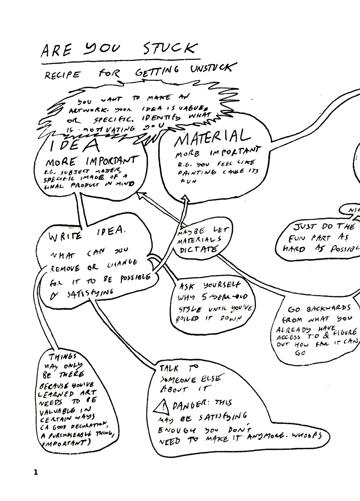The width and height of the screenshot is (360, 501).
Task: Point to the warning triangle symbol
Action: [163, 406]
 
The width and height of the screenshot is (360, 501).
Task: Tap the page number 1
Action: [36, 472]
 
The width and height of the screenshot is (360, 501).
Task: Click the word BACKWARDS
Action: [329, 309]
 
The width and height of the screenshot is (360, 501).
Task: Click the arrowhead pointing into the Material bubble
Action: [186, 198]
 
